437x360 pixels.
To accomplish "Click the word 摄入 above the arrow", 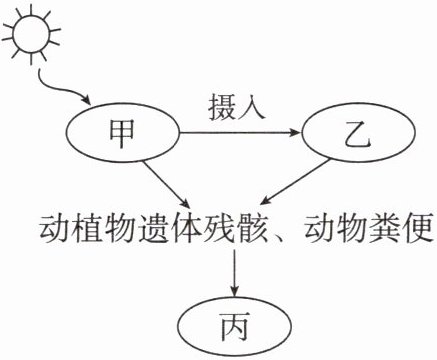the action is point(237,107).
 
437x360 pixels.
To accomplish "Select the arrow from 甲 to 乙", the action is point(240,133).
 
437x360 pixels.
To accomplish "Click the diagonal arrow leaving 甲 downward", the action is point(166,184).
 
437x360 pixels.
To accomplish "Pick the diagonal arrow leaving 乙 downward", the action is point(295,182).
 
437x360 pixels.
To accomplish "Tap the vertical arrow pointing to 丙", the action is point(235,272).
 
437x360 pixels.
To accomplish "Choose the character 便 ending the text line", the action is point(418,230).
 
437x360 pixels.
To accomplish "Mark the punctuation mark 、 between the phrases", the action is point(279,237).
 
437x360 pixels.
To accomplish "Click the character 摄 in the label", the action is point(222,107).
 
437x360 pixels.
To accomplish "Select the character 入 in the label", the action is point(252,107).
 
